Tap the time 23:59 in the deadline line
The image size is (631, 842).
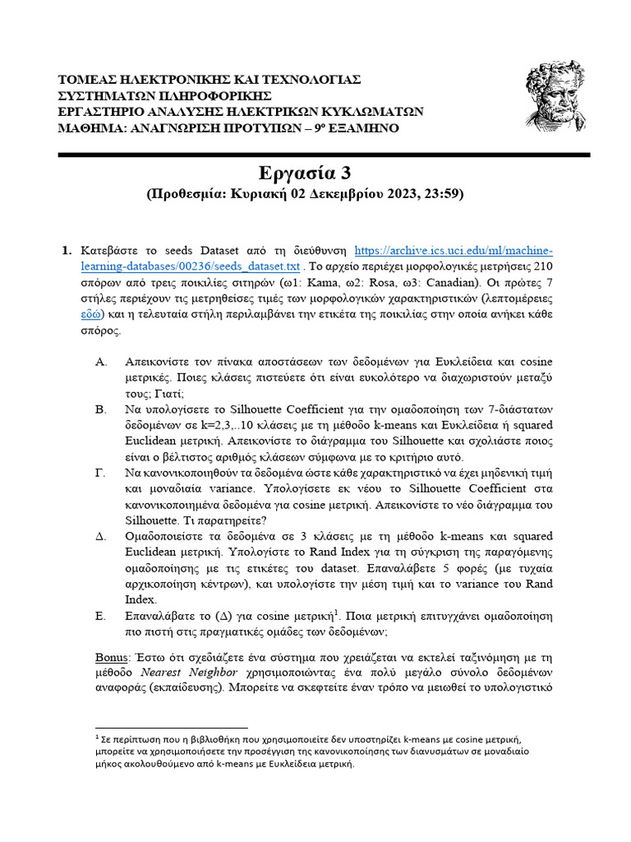pos(440,195)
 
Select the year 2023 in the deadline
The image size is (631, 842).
pos(397,195)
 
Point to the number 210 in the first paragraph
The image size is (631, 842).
pos(543,267)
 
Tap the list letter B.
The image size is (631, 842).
pos(100,409)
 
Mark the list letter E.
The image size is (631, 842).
pos(100,614)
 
